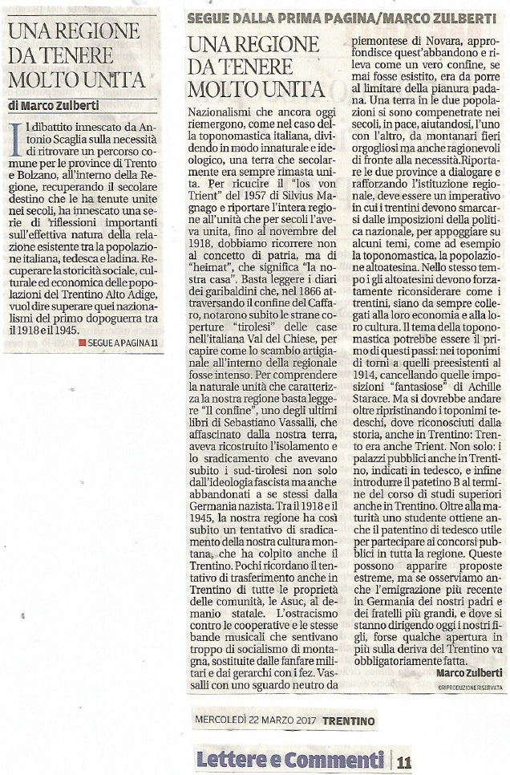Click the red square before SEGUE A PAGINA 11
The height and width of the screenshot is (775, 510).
82,343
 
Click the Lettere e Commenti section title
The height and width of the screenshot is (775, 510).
289,758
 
